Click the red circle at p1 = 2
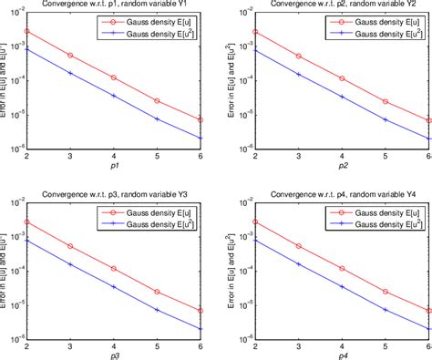point(26,31)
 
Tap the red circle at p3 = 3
point(70,246)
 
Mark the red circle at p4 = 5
point(384,292)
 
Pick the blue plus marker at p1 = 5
point(158,118)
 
